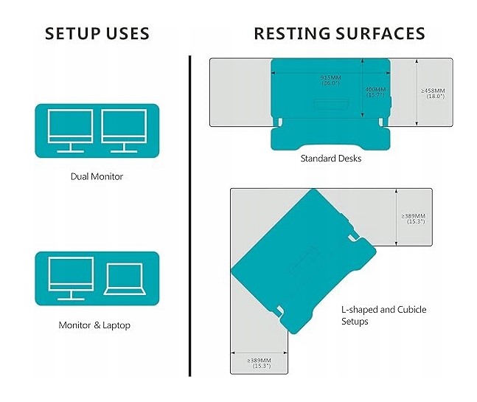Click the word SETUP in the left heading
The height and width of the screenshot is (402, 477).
tap(74, 33)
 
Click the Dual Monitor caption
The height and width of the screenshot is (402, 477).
tap(97, 176)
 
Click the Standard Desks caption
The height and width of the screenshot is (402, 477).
tap(331, 158)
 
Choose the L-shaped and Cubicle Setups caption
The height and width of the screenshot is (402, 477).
tap(383, 316)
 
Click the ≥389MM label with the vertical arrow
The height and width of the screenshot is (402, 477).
tap(413, 218)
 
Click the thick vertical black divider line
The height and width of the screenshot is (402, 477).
tap(189, 214)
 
